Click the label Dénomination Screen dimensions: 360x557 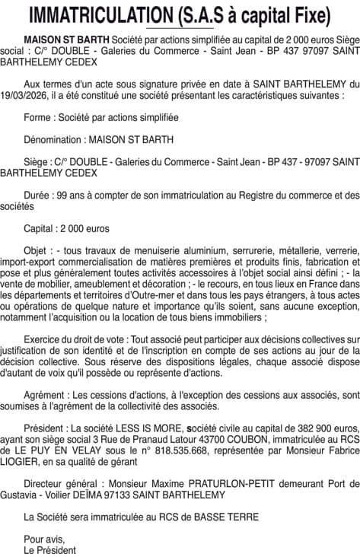click(55, 140)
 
